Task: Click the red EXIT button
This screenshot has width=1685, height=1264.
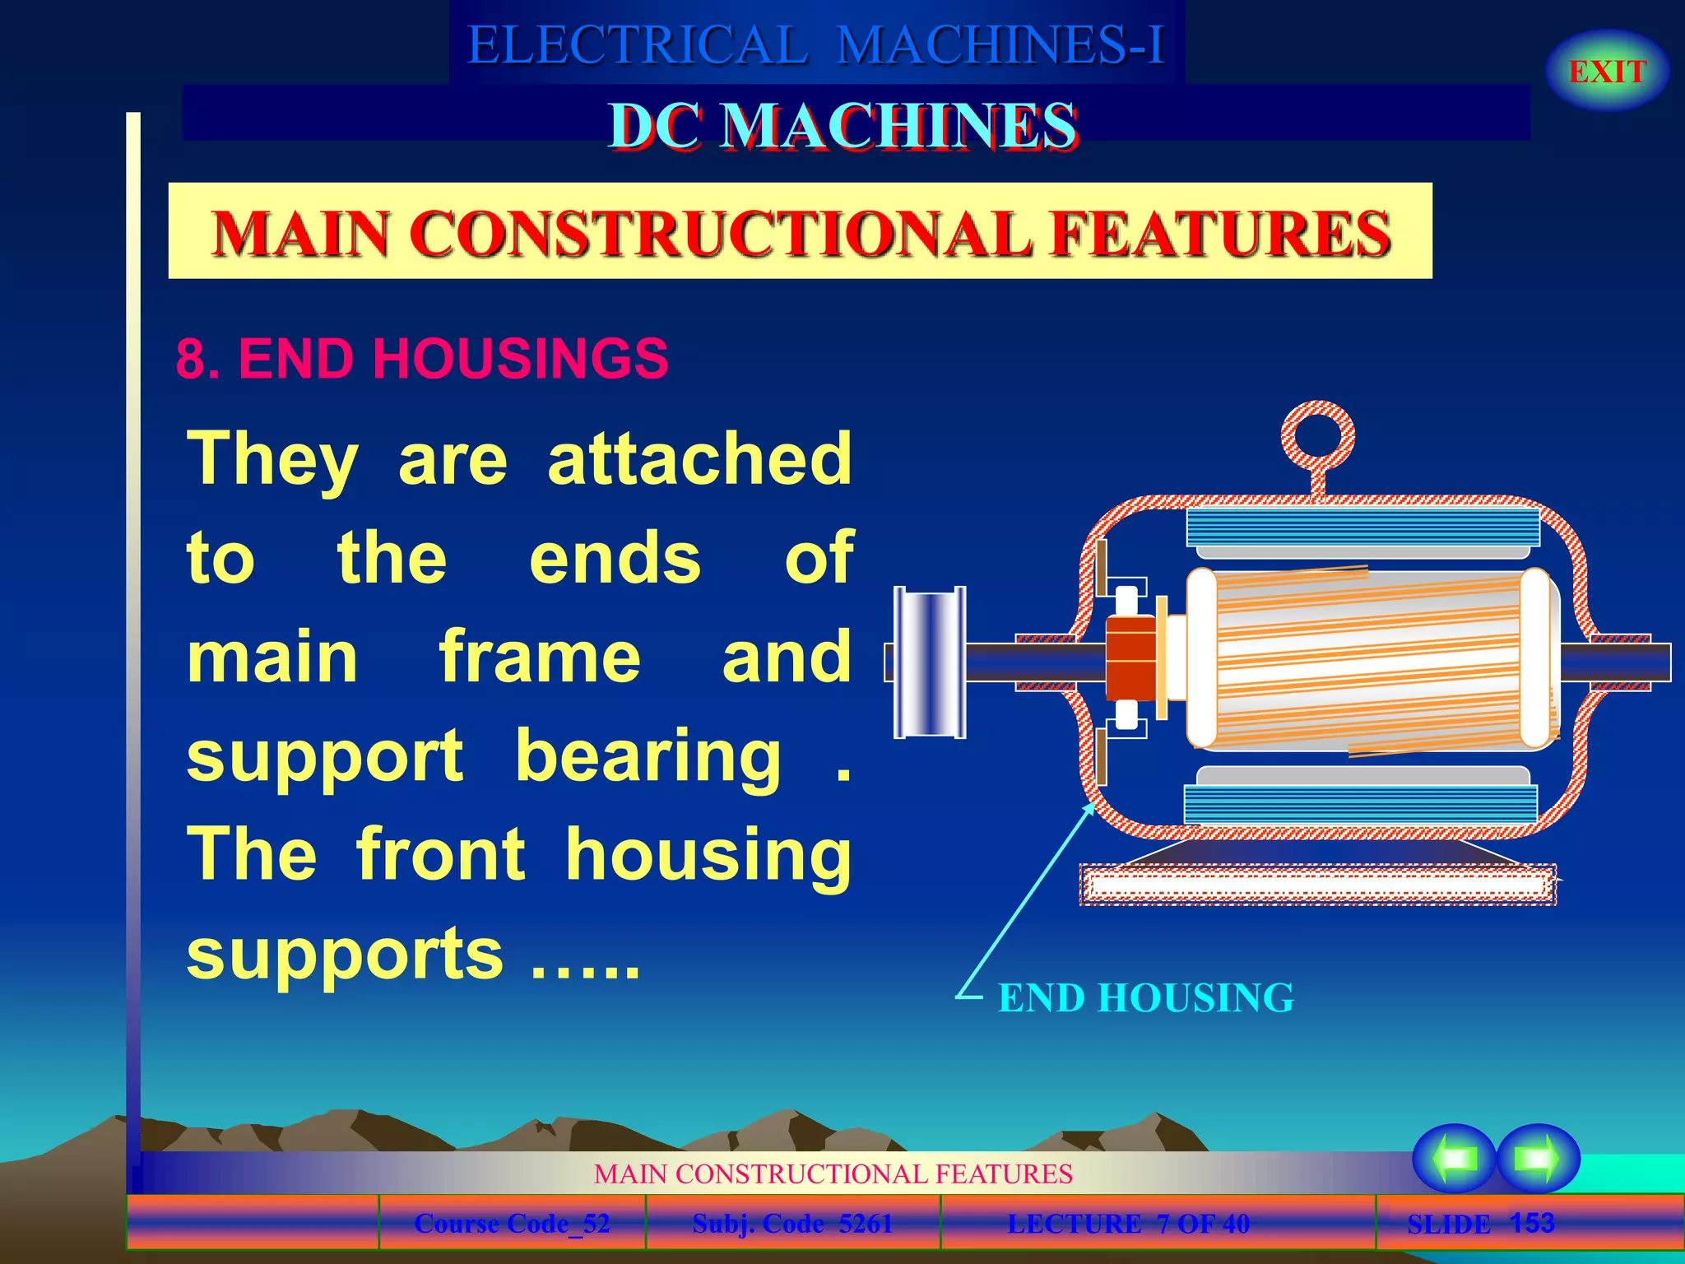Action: [x=1607, y=72]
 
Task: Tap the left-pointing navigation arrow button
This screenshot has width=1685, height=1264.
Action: [x=1454, y=1159]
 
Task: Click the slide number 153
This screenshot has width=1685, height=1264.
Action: [x=1532, y=1223]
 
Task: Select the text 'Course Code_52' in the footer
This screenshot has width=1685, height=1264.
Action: [x=512, y=1224]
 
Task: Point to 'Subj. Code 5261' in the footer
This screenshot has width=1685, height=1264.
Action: [x=792, y=1224]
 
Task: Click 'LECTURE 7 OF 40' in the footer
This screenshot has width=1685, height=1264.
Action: [x=1128, y=1224]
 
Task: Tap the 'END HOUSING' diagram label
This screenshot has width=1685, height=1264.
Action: [x=1145, y=998]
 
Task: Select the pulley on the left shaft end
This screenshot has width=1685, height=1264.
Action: [x=930, y=662]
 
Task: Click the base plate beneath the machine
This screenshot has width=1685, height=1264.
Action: [x=1316, y=885]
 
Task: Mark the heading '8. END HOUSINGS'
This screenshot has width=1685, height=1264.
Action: [x=422, y=359]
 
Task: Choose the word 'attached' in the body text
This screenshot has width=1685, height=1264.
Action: [x=699, y=459]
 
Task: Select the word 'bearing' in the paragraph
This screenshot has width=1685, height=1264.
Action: [x=648, y=756]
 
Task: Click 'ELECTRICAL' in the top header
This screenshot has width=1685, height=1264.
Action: [x=638, y=44]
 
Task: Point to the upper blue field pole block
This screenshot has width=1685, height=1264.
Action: [x=1362, y=527]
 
